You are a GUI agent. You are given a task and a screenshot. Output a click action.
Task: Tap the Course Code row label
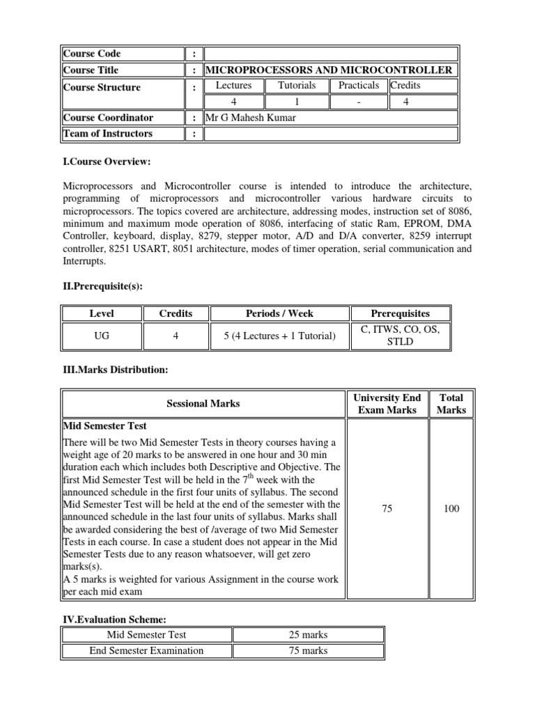92,54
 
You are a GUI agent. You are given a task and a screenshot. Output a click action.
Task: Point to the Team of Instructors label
108,134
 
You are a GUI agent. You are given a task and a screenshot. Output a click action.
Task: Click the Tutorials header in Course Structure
297,86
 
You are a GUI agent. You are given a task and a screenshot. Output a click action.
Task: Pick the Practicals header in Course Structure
359,86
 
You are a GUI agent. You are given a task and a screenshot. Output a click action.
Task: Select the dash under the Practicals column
358,102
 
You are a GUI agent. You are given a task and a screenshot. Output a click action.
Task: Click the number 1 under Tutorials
297,102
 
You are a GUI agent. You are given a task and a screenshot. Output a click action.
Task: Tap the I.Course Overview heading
107,162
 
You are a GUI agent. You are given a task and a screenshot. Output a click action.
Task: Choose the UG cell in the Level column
102,336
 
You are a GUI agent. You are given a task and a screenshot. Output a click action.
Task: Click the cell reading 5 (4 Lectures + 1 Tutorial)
279,336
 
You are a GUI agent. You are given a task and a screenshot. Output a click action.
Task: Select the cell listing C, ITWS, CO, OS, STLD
400,336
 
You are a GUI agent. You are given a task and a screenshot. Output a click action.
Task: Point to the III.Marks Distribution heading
116,370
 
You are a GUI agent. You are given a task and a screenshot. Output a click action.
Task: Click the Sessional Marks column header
203,404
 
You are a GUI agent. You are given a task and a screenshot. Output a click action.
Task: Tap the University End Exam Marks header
387,404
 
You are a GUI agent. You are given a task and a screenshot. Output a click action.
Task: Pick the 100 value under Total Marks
451,509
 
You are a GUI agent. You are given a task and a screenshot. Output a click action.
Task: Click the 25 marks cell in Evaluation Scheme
308,635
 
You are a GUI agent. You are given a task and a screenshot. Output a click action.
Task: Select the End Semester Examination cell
146,651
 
